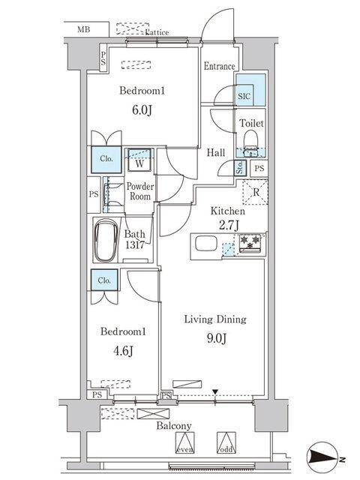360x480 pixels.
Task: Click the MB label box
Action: (x=86, y=29)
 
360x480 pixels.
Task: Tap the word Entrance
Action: (x=219, y=66)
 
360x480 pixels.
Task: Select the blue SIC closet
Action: (x=250, y=90)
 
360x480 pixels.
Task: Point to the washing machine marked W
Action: (x=139, y=160)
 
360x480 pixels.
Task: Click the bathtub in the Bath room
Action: (x=106, y=240)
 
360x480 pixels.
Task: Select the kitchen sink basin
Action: (x=206, y=244)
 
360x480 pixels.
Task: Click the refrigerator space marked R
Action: (x=255, y=192)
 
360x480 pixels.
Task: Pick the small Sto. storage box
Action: (x=240, y=168)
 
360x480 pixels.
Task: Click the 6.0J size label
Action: (x=142, y=110)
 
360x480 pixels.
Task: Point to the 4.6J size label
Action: (x=123, y=351)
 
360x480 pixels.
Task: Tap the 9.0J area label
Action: (x=217, y=338)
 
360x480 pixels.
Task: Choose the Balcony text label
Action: (x=174, y=426)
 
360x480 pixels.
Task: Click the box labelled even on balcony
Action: (x=185, y=442)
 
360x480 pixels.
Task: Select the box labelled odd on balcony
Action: (x=226, y=442)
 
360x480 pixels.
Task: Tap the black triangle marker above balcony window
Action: (x=215, y=391)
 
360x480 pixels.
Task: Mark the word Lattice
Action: (x=157, y=31)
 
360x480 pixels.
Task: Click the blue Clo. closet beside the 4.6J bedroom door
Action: (x=104, y=280)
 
